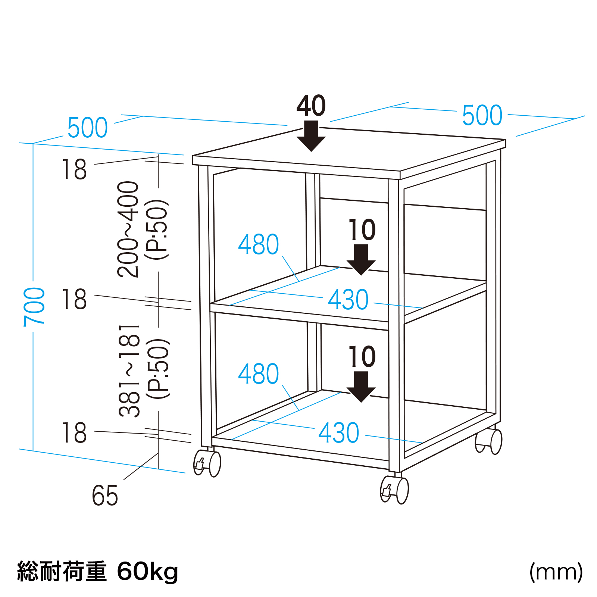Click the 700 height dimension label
(34, 307)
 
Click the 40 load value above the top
(311, 106)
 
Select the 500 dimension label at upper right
(482, 115)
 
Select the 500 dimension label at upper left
(88, 128)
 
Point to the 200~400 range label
(128, 229)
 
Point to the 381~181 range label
(129, 371)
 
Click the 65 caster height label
(105, 496)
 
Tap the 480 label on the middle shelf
(259, 245)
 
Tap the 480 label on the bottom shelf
(259, 374)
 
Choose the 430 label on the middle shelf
(348, 300)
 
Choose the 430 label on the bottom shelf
(339, 433)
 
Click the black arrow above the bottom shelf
(361, 387)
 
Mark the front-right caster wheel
(394, 490)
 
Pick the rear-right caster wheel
(489, 441)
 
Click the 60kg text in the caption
(148, 572)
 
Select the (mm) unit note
(556, 572)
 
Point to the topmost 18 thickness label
(74, 170)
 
